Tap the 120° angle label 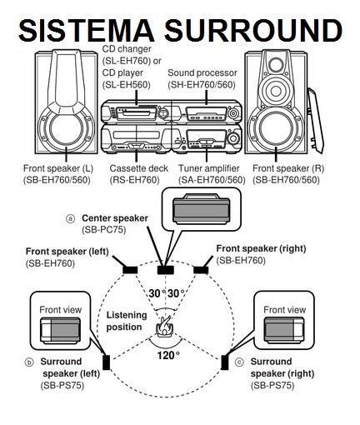[x=167, y=355]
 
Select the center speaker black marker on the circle [x=165, y=269]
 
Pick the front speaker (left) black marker [x=130, y=269]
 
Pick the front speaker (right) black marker [x=200, y=269]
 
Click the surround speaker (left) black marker [x=106, y=362]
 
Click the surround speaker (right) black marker [x=225, y=362]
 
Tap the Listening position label [x=126, y=321]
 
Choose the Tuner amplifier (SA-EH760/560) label [x=211, y=173]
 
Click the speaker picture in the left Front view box [x=61, y=332]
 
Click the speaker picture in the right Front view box [x=284, y=332]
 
